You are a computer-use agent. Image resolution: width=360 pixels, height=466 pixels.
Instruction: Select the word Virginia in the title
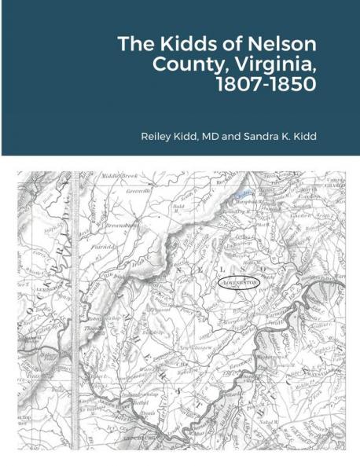(277, 64)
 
